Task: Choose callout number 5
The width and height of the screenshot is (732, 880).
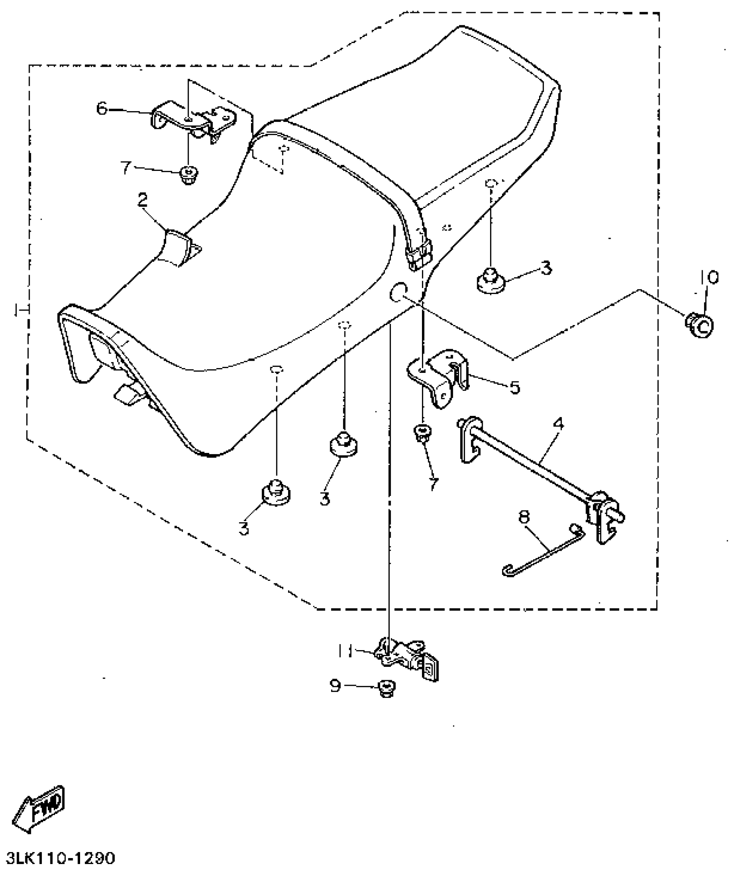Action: pyautogui.click(x=514, y=387)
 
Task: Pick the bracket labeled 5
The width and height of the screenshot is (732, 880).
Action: pyautogui.click(x=439, y=376)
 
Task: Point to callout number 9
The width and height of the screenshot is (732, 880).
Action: pyautogui.click(x=335, y=686)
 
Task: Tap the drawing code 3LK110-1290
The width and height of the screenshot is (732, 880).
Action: pyautogui.click(x=61, y=858)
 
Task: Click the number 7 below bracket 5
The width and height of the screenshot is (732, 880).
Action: pyautogui.click(x=433, y=483)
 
